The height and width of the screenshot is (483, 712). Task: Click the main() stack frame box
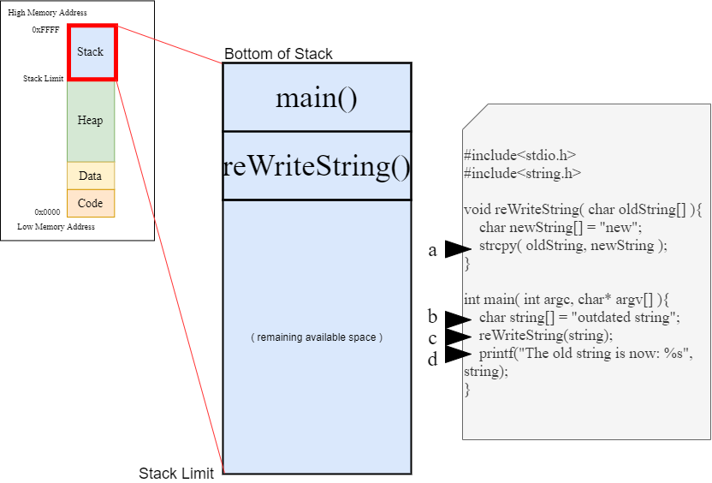[x=316, y=98]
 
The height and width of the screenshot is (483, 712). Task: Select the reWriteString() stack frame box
[x=316, y=165]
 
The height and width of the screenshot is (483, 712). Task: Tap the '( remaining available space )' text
[x=316, y=337]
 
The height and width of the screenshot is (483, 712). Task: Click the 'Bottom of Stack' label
[x=278, y=54]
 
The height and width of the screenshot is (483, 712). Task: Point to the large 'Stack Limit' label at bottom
[x=176, y=474]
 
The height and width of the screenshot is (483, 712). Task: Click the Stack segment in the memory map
[x=90, y=52]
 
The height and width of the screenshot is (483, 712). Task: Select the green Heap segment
[x=90, y=121]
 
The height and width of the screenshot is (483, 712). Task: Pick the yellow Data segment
[x=90, y=176]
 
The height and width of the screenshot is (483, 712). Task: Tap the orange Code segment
[x=90, y=203]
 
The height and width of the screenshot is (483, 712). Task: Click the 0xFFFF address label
[x=46, y=29]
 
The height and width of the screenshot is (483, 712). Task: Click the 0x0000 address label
[x=47, y=212]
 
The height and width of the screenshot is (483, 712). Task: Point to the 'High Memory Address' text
[x=47, y=13]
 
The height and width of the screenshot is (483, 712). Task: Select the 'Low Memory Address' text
[x=56, y=227]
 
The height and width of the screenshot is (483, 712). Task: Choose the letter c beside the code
[x=433, y=337]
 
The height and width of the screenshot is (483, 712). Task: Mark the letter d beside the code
[x=433, y=359]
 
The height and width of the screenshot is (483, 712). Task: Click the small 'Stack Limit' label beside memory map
[x=43, y=79]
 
